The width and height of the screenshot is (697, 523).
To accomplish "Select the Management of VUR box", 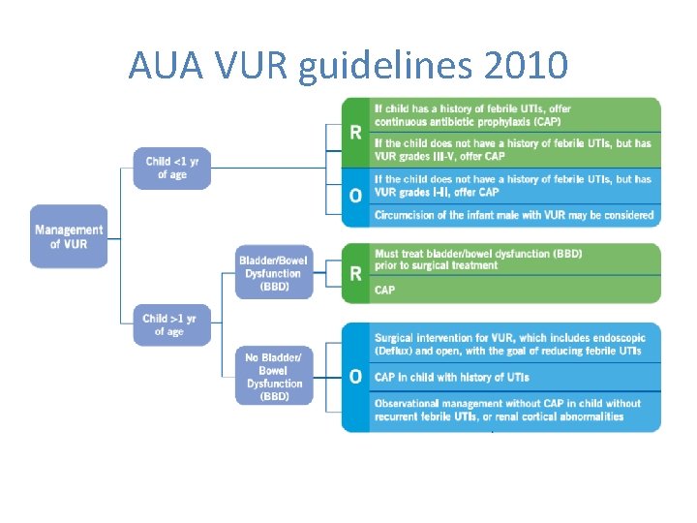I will click(69, 236).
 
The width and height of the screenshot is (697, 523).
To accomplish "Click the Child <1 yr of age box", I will click(171, 168).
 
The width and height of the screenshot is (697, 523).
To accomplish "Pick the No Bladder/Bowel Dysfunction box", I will click(274, 377).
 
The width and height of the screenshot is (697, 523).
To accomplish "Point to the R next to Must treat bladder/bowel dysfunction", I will click(356, 274).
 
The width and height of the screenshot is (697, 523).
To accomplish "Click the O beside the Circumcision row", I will click(356, 196).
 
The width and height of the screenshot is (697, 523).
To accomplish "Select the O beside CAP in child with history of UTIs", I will click(356, 377).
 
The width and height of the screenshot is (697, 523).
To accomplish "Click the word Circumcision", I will click(409, 215).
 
